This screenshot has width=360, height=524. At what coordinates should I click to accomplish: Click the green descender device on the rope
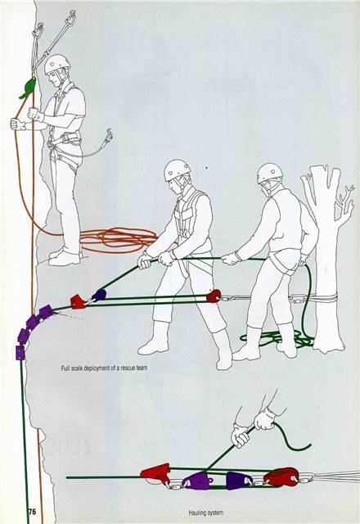point(28,88)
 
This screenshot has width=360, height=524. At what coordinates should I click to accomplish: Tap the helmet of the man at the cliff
point(56,63)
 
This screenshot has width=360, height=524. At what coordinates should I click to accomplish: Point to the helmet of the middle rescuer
point(177,169)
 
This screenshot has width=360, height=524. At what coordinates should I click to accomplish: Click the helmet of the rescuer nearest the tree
point(269,173)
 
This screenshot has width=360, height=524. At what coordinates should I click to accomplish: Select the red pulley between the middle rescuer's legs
point(214,296)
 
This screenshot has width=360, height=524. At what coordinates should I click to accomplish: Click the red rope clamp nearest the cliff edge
point(79,302)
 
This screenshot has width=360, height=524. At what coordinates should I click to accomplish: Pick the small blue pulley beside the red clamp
point(99,295)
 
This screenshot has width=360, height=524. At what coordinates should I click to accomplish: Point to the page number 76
point(32,510)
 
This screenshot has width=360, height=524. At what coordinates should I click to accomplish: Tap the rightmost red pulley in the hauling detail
point(281,477)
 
